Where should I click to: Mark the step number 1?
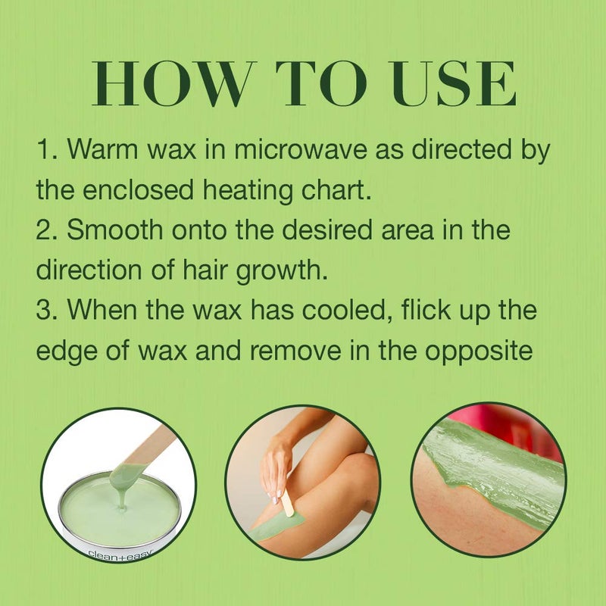46,149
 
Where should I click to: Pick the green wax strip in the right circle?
500,470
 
